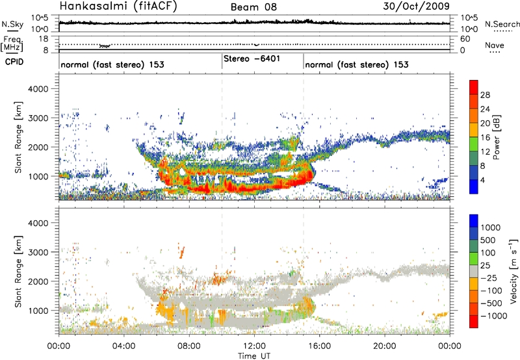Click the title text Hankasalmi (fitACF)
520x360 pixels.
tap(110, 7)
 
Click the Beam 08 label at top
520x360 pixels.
tap(254, 7)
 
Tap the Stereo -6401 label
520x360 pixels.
tap(250, 58)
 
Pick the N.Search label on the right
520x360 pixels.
tap(499, 25)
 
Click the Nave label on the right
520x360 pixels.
tap(495, 45)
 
